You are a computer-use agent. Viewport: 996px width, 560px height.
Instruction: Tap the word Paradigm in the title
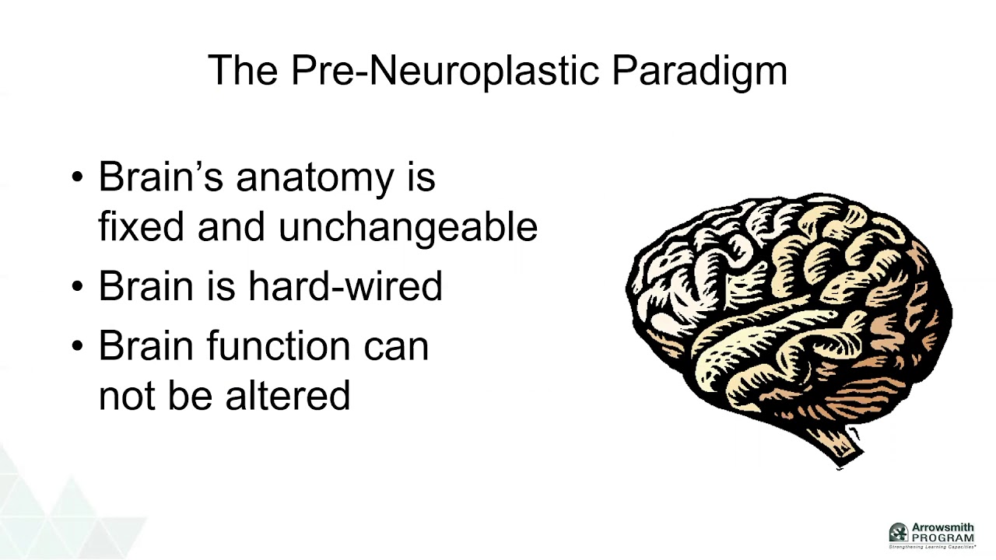[x=700, y=71]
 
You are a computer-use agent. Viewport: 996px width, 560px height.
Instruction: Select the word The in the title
[x=242, y=71]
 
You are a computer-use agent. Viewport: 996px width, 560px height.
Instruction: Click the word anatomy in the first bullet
[x=314, y=178]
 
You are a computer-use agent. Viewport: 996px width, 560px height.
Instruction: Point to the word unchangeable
[x=408, y=227]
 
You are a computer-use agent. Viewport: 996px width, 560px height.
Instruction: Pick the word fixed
[x=142, y=227]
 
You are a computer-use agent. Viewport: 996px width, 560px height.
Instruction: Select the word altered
[x=287, y=395]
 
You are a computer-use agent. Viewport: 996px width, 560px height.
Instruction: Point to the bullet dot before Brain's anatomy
[x=76, y=178]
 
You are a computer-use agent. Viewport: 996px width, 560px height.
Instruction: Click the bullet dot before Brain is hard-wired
[x=76, y=287]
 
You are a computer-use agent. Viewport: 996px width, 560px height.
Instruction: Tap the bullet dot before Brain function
[x=76, y=346]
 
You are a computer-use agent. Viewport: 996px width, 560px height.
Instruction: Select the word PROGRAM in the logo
[x=943, y=538]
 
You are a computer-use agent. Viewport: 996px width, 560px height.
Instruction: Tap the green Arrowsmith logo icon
[x=899, y=533]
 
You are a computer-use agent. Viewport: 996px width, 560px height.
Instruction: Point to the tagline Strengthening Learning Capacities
[x=932, y=546]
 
